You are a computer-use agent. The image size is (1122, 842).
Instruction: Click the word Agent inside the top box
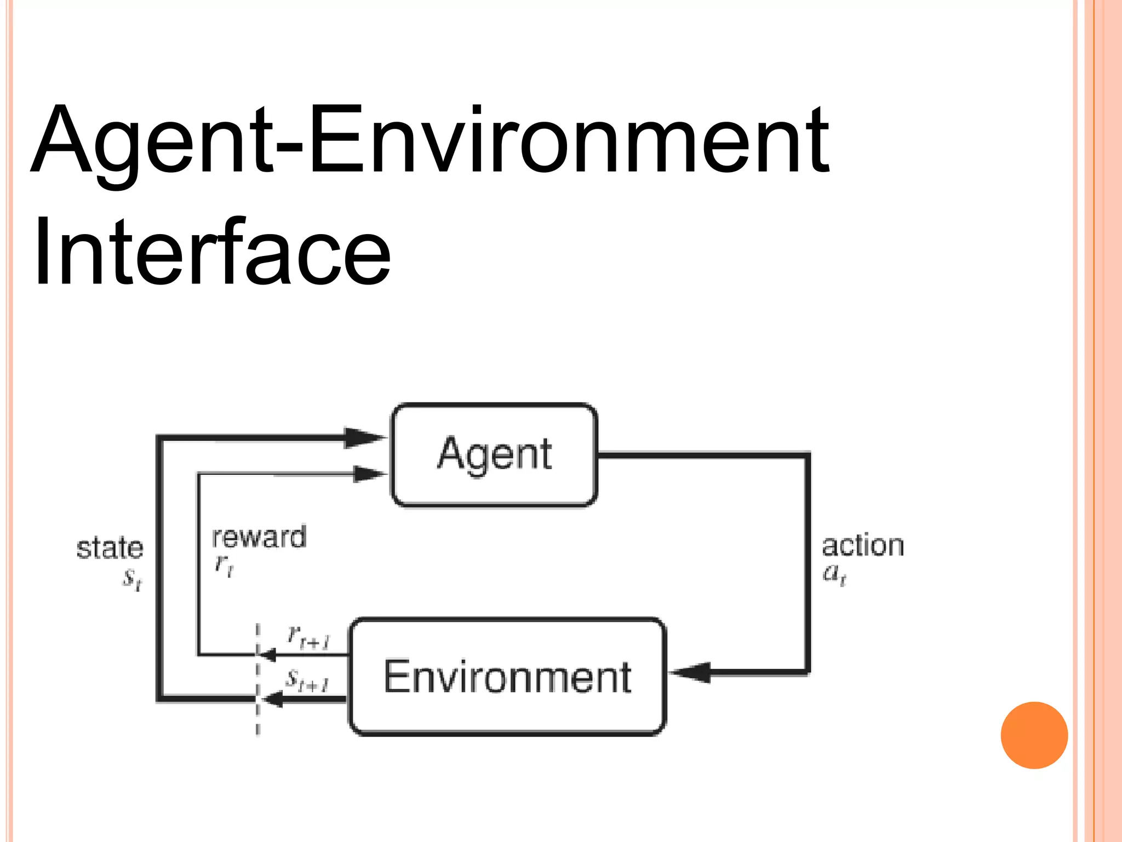[494, 454]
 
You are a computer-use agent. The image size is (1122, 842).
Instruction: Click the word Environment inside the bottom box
[507, 678]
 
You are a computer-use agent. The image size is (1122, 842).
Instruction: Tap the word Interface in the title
[212, 252]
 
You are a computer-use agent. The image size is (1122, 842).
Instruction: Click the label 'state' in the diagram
[110, 548]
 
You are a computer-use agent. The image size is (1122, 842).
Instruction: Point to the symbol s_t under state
[132, 578]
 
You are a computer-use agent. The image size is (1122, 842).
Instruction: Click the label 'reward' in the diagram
[259, 537]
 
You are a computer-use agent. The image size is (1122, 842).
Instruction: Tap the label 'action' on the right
[863, 546]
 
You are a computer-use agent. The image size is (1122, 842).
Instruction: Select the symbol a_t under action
[835, 574]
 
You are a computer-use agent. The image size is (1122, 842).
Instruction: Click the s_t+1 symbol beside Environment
[307, 681]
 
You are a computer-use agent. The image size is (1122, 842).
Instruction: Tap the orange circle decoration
[1034, 735]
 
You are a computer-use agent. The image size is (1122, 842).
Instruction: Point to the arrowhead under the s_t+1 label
[272, 699]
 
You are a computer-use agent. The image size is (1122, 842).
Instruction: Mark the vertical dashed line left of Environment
[257, 680]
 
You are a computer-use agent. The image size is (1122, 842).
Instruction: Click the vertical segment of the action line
[807, 562]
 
